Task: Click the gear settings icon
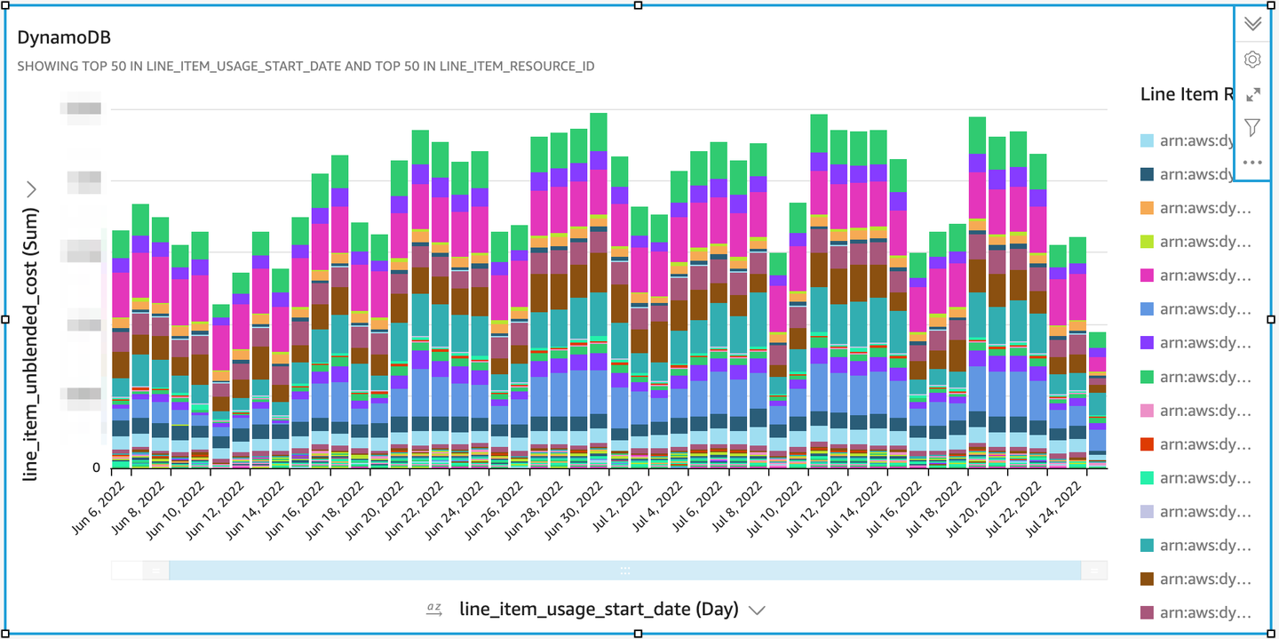coord(1252,60)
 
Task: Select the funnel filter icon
coord(1252,128)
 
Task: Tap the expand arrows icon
coord(1252,94)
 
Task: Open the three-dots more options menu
coord(1252,163)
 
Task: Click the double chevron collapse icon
coord(1252,24)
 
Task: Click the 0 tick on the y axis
coord(96,467)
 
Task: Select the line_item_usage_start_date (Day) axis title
coord(599,609)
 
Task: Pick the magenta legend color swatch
coord(1148,276)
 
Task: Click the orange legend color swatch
coord(1148,208)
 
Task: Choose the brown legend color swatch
coord(1148,579)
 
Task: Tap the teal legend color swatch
coord(1148,546)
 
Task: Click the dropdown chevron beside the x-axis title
coord(757,610)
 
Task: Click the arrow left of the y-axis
coord(32,188)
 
